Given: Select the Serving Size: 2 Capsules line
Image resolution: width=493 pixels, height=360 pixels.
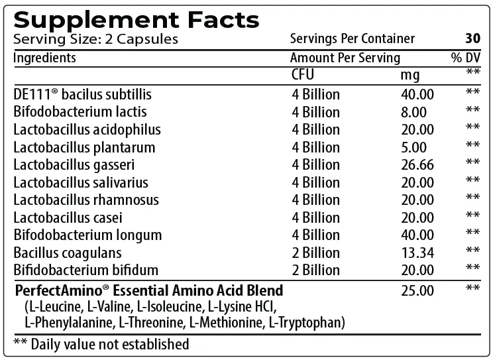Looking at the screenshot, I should coord(95,39).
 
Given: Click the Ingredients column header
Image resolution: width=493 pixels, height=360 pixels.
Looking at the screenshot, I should coord(45,58).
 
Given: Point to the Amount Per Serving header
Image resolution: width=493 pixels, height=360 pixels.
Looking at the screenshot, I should coord(345,58).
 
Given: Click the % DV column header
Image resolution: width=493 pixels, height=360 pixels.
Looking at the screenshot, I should coord(465,58).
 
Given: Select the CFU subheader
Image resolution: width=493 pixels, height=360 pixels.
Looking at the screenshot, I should coord(303,74).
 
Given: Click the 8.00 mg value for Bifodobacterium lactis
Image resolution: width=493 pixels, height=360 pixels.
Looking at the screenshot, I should coord(413,112).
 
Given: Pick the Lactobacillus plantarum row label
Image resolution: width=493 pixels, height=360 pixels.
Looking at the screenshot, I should coord(84,147).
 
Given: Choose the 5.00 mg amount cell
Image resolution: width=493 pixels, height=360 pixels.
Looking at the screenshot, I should coord(413,147).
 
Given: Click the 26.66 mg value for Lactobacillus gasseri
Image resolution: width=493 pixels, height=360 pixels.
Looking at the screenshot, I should coord(417,164).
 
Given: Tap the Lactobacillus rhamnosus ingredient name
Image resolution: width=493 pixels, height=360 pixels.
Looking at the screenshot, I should coord(86,200).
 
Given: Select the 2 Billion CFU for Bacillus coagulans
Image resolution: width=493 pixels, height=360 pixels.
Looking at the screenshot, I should coord(315,252).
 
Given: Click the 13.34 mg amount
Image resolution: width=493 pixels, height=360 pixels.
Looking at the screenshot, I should coord(417,252).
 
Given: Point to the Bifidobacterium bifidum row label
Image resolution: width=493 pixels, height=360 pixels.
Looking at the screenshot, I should coord(86,269).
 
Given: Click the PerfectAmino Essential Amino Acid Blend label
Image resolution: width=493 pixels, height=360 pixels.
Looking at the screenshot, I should coord(149,290).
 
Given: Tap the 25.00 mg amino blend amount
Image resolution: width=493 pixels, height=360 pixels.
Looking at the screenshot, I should coord(417,290).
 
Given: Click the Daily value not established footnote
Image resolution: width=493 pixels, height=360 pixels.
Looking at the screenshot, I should coord(101,344).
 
